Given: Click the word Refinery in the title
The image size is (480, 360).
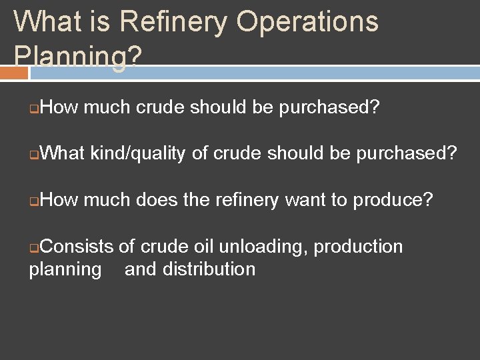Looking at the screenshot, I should [174, 21].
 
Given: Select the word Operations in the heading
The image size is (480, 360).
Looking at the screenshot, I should [307, 21].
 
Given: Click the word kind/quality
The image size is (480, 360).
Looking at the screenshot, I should [137, 154].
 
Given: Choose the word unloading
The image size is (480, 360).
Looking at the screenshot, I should [263, 247].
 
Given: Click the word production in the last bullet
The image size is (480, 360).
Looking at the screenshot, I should [359, 247].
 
